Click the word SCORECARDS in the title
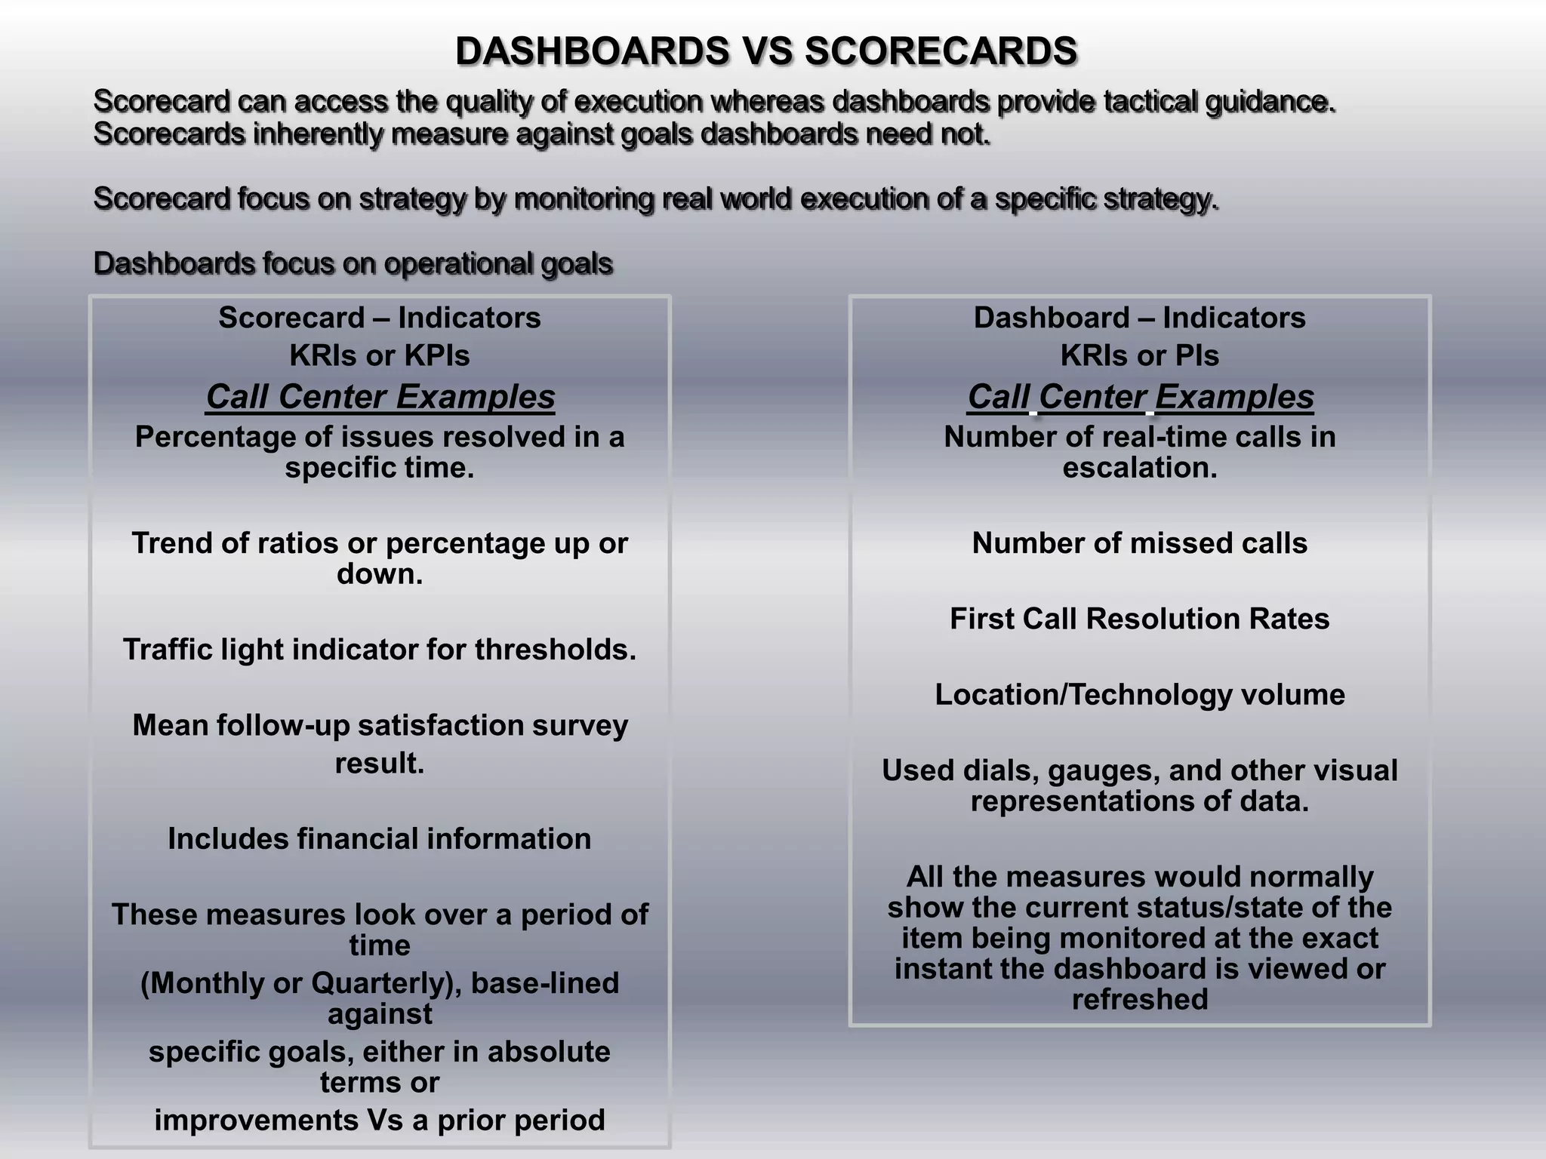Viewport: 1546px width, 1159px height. click(941, 51)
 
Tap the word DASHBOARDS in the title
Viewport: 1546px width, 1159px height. click(593, 51)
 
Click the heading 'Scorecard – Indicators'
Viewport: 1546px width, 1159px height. click(380, 318)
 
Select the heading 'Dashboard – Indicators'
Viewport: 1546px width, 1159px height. click(1139, 318)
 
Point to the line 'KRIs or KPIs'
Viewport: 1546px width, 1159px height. click(380, 355)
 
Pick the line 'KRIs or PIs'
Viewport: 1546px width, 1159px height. click(1139, 355)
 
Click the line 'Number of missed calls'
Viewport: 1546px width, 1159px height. click(1139, 543)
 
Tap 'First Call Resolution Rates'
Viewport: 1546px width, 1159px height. click(1139, 619)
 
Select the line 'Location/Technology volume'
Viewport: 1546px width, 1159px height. click(1139, 695)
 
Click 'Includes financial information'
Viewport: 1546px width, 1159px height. click(380, 839)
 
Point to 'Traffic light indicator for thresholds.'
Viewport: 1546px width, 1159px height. click(380, 650)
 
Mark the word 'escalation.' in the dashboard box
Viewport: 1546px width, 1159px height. click(1140, 468)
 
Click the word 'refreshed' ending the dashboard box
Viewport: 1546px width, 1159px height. click(1140, 1000)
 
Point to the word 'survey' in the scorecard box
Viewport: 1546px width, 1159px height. click(581, 725)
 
